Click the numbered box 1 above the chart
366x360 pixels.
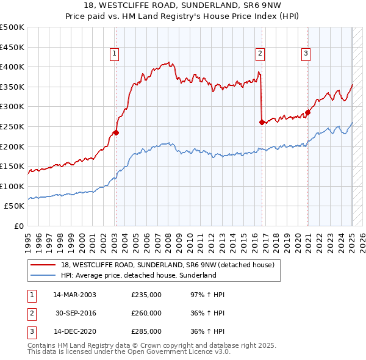click(x=115, y=54)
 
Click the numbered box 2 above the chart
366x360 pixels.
click(x=260, y=54)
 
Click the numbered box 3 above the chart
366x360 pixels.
click(x=306, y=54)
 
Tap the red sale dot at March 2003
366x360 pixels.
click(x=116, y=132)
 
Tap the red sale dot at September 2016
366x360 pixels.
click(x=262, y=123)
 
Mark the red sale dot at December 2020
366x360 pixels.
click(x=308, y=112)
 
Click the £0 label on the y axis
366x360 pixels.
click(x=18, y=226)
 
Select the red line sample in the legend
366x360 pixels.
click(x=43, y=264)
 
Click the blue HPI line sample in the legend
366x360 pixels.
click(x=43, y=275)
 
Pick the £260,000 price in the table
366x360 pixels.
click(x=146, y=313)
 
